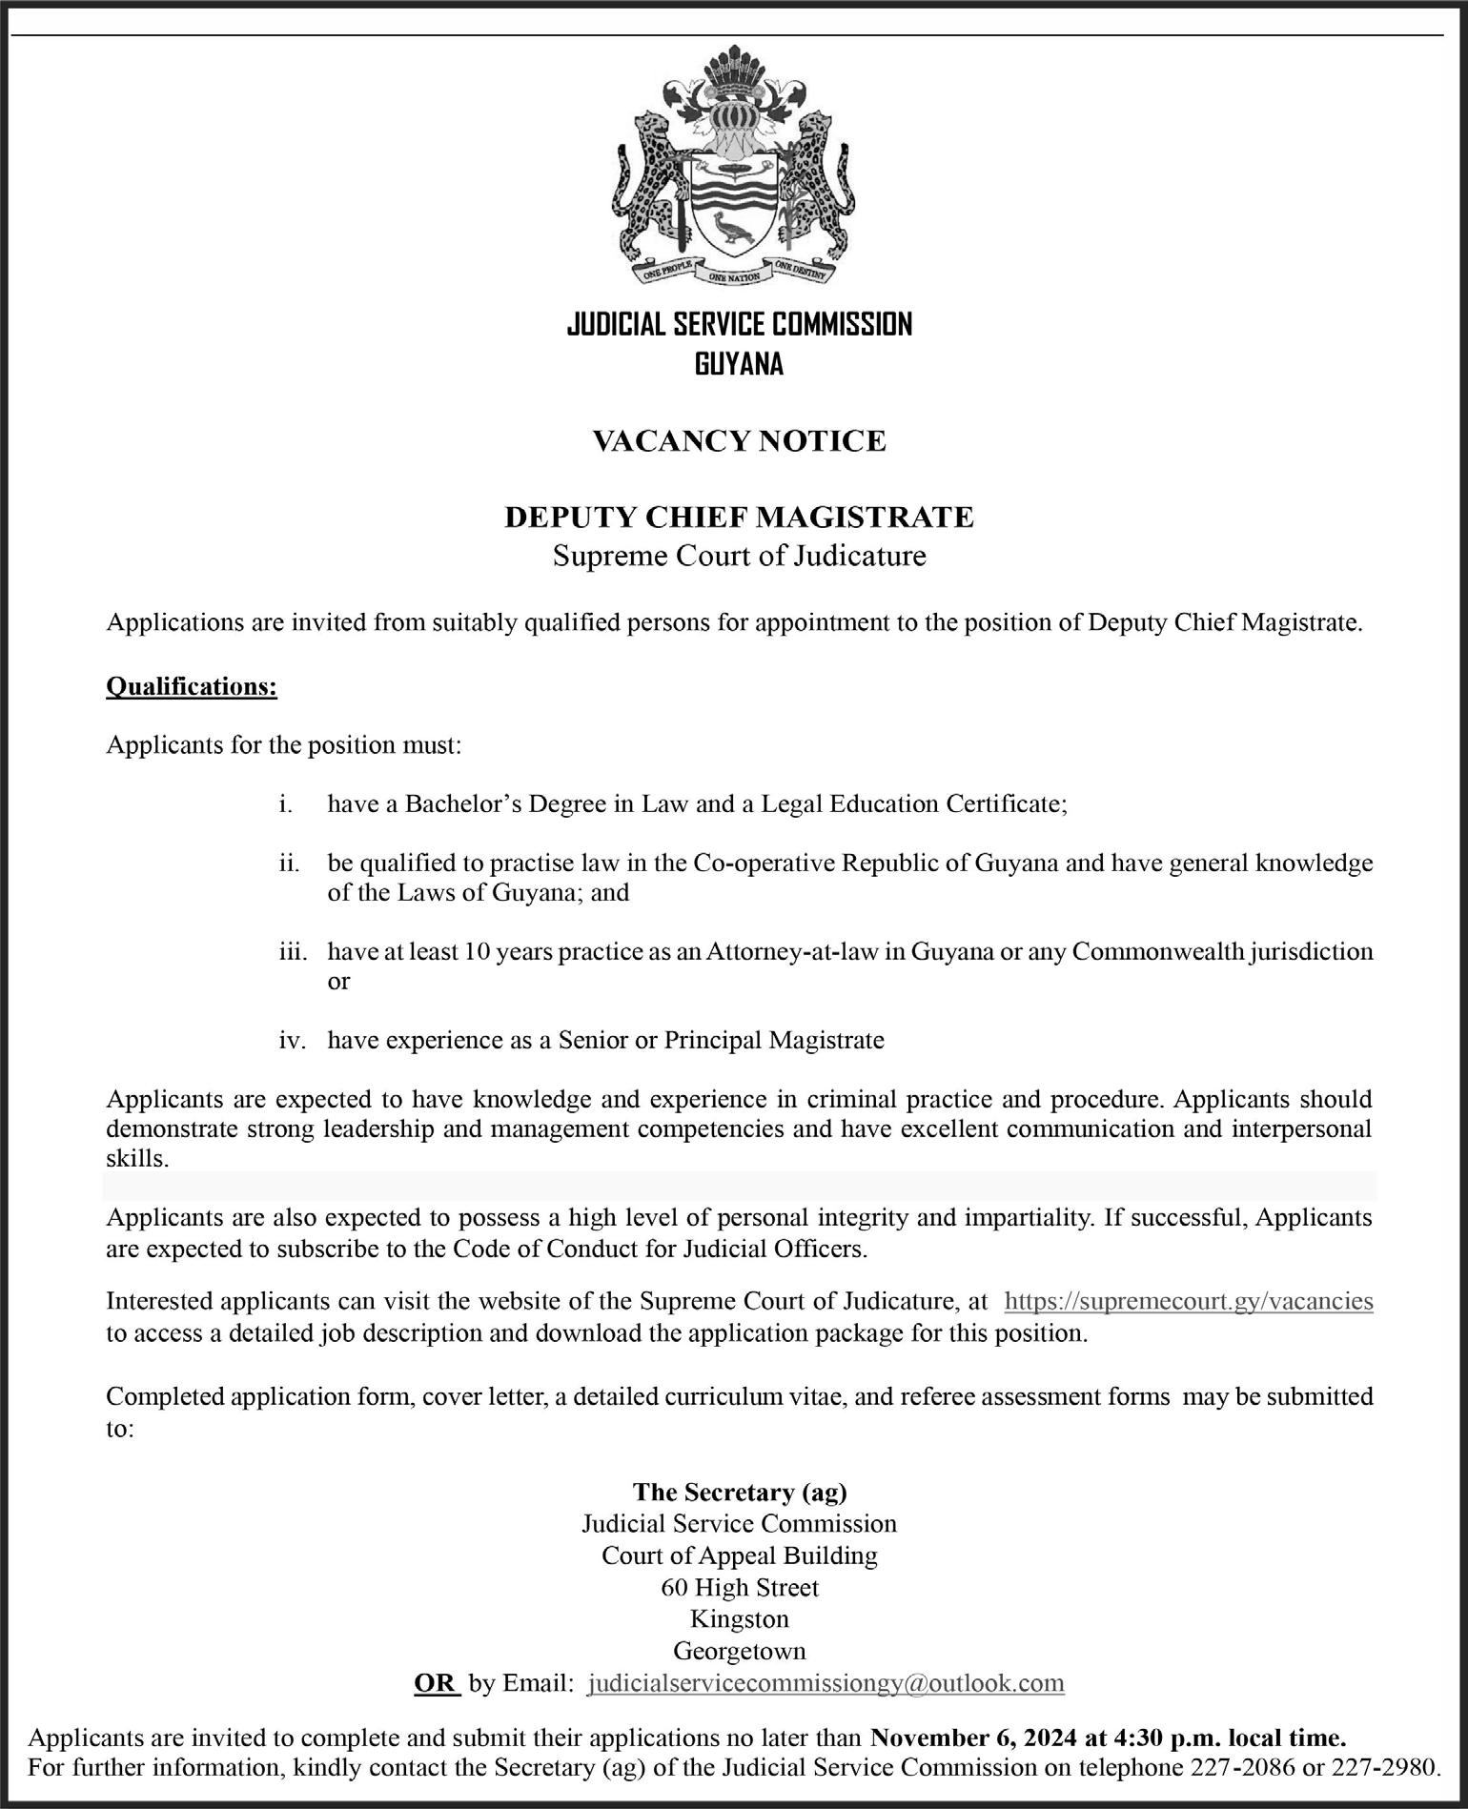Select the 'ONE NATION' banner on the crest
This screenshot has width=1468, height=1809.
733,276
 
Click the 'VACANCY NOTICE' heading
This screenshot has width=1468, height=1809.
739,440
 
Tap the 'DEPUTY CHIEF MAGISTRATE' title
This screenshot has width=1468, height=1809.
739,517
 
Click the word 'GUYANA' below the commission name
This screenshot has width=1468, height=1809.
739,364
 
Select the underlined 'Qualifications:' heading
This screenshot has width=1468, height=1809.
192,686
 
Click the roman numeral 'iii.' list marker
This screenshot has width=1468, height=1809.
293,951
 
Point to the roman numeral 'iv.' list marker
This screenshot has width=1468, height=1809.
292,1040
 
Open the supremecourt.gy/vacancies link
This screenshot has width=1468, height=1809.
1189,1301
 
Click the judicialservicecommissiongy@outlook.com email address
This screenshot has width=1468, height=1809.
826,1682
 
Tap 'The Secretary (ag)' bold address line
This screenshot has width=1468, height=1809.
740,1491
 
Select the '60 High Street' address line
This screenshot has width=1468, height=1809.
740,1587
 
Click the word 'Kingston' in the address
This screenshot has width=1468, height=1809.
740,1618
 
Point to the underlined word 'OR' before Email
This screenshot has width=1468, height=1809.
436,1682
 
